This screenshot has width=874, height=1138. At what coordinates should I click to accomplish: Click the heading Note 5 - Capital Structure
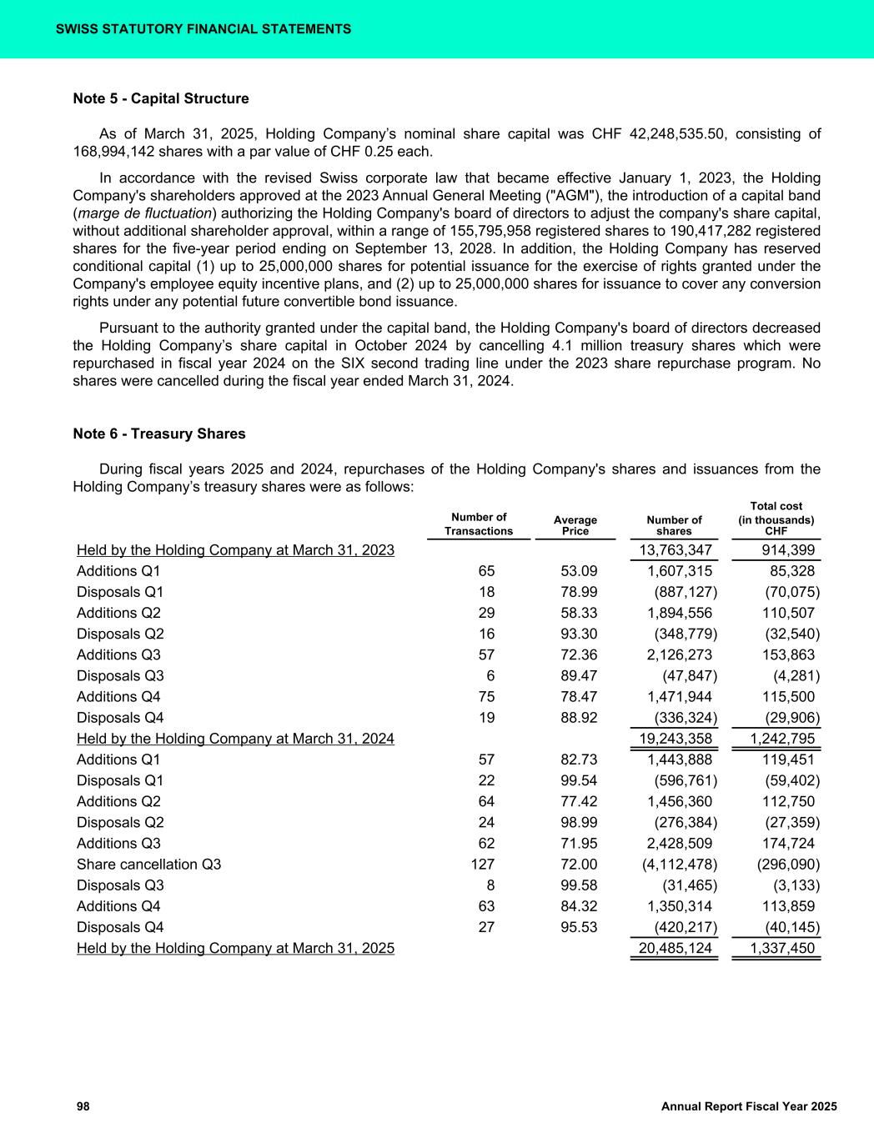pyautogui.click(x=161, y=98)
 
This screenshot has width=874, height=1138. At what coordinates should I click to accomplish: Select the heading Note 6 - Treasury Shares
pyautogui.click(x=159, y=434)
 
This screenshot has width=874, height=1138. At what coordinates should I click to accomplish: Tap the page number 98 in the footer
pyautogui.click(x=83, y=1106)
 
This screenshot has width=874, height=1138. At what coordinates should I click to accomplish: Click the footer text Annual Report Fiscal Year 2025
pyautogui.click(x=748, y=1106)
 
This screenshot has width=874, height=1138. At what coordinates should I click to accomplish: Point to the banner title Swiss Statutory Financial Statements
pyautogui.click(x=203, y=29)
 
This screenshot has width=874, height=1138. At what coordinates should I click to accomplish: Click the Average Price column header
pyautogui.click(x=575, y=525)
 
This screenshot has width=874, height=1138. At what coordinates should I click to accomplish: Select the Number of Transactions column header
pyautogui.click(x=479, y=524)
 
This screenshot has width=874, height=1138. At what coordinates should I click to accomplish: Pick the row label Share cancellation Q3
pyautogui.click(x=148, y=865)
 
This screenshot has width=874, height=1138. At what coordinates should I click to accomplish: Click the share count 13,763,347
pyautogui.click(x=675, y=550)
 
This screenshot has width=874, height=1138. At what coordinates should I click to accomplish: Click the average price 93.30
pyautogui.click(x=579, y=634)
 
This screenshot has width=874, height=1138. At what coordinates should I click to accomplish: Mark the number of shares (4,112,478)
pyautogui.click(x=679, y=865)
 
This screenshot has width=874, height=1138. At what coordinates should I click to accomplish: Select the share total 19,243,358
pyautogui.click(x=675, y=739)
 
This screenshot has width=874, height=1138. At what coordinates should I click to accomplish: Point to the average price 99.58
pyautogui.click(x=579, y=885)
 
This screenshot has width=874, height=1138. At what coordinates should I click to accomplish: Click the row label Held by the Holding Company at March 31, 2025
pyautogui.click(x=235, y=948)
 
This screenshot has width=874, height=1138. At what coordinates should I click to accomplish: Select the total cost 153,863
pyautogui.click(x=788, y=655)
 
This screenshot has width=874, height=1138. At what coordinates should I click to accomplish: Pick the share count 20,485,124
pyautogui.click(x=675, y=948)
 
